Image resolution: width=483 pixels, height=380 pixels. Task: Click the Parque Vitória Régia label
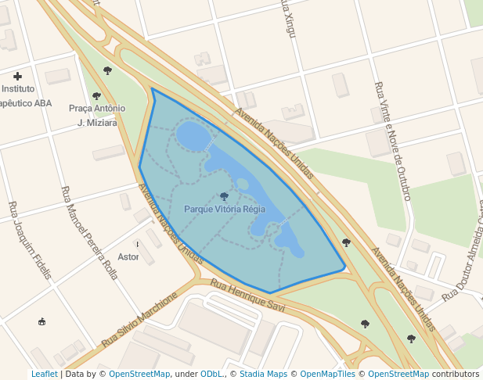point(225,210)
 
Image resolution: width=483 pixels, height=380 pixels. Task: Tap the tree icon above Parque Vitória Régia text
point(225,196)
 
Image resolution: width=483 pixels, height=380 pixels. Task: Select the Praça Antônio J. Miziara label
point(97,116)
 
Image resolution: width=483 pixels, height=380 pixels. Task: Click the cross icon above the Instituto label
point(17,76)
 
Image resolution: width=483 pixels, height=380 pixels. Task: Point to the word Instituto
point(17,89)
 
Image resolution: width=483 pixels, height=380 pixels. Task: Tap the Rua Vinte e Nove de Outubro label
point(393,141)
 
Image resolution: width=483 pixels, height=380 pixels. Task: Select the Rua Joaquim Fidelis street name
point(30,240)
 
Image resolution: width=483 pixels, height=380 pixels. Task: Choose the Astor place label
point(128,257)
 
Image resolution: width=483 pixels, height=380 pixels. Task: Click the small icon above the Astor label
point(139,244)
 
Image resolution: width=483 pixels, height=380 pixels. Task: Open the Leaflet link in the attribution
point(44,374)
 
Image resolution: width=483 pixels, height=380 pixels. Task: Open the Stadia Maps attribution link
point(262,374)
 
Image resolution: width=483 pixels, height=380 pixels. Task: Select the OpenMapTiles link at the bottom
point(328,374)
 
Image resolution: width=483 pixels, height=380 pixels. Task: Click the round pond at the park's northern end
point(193,134)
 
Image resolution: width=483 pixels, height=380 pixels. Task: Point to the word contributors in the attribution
point(455,374)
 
